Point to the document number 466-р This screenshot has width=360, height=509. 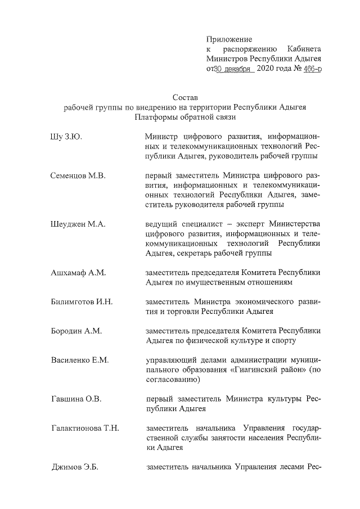pyautogui.click(x=312, y=70)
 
